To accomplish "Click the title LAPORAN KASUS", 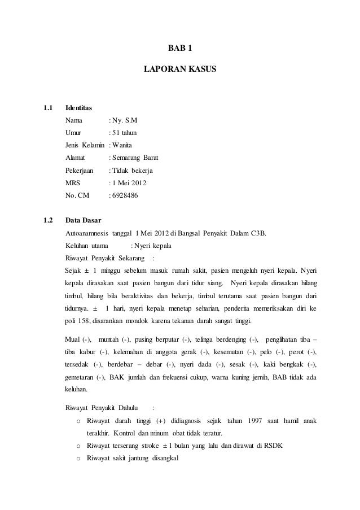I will (180, 72).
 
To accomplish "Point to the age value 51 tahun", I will (124, 133).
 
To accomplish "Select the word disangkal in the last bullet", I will (163, 458).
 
